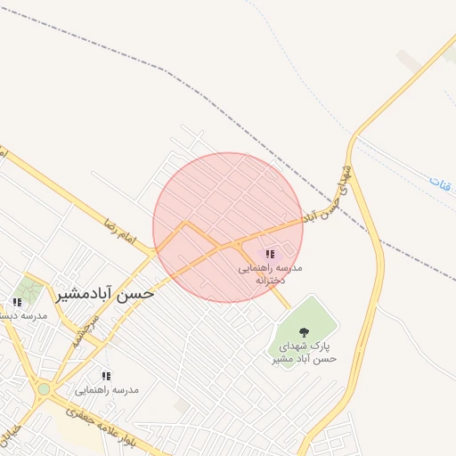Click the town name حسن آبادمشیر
click(x=104, y=294)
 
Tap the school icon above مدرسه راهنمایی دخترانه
click(x=270, y=254)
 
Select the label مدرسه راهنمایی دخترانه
click(x=270, y=273)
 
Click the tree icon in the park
click(x=304, y=332)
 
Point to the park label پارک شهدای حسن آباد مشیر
click(x=304, y=352)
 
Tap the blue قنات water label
click(x=440, y=183)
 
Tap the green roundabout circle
click(x=44, y=388)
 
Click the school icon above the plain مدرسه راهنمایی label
click(x=106, y=377)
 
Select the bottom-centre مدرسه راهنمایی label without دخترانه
click(x=106, y=390)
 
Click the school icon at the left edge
click(x=17, y=303)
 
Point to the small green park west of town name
click(x=29, y=289)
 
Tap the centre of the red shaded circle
click(x=228, y=227)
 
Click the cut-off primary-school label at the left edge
click(x=23, y=315)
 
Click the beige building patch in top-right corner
click(x=410, y=60)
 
